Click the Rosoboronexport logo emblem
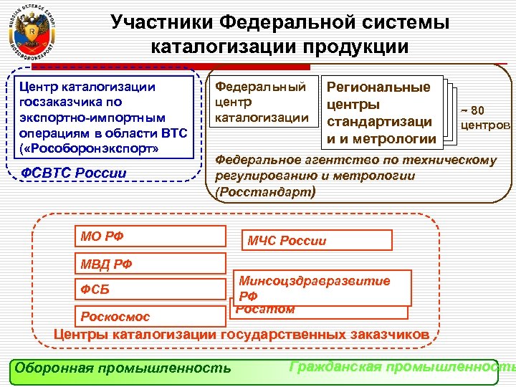coord(31,33)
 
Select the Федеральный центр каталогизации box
coord(262,102)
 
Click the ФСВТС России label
coord(74,173)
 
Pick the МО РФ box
coord(137,234)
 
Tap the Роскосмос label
coord(115,316)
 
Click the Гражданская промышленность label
coord(401,367)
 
